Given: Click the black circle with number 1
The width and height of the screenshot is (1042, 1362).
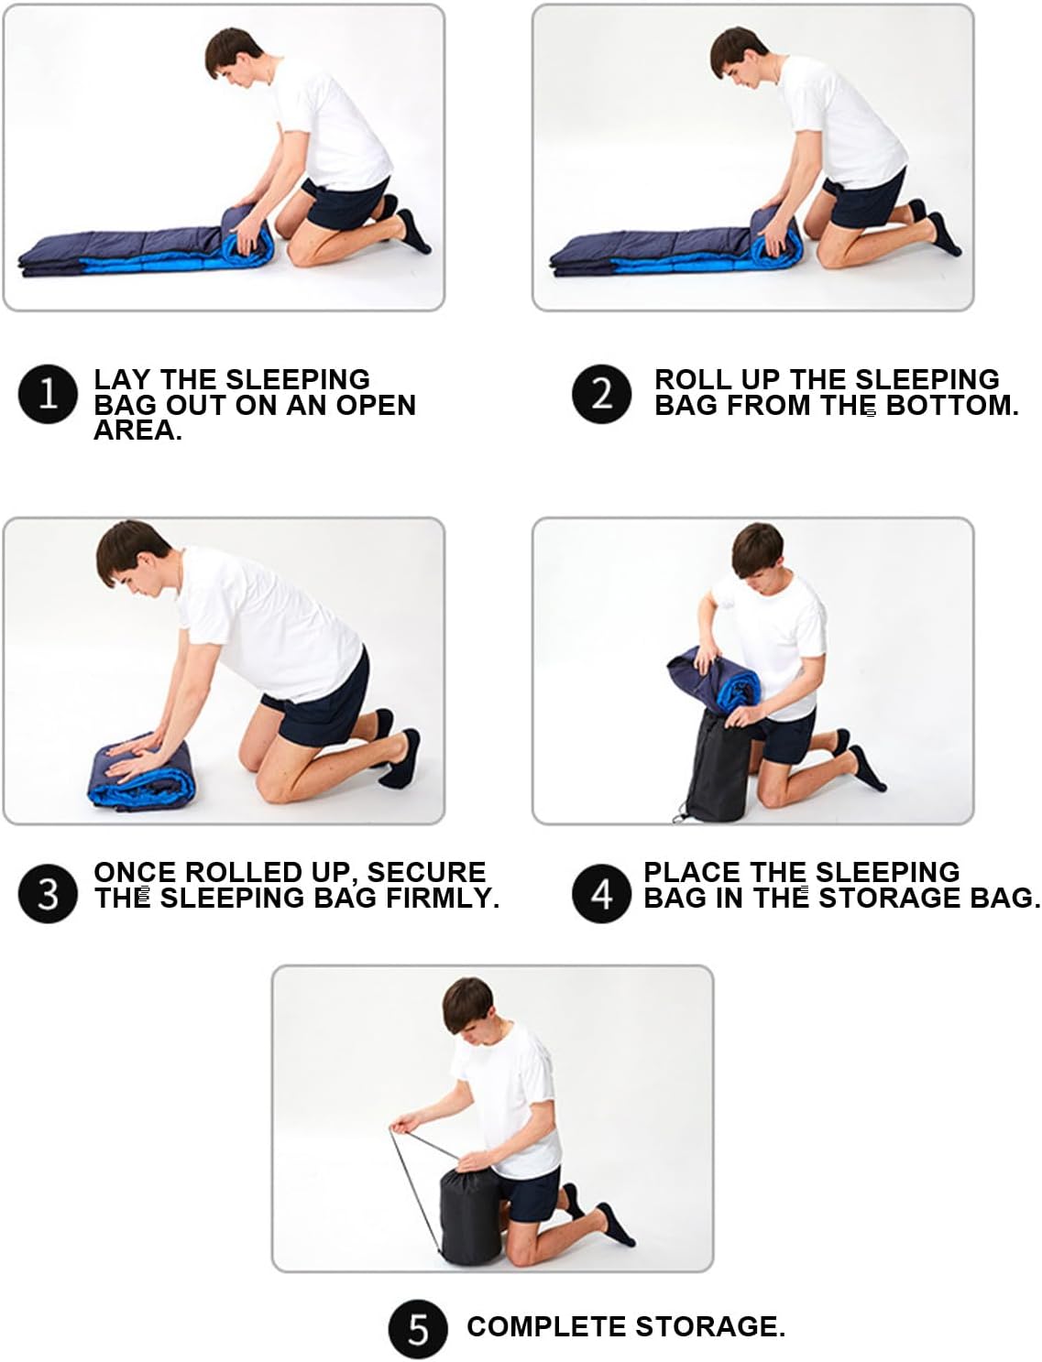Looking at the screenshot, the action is (48, 394).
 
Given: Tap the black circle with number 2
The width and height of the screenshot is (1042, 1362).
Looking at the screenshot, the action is (601, 394).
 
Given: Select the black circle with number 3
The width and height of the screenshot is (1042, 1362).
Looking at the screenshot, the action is (48, 894).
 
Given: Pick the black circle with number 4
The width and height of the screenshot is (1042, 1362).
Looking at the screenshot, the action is (601, 894).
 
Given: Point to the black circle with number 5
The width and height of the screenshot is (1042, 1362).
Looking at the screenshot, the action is (418, 1329).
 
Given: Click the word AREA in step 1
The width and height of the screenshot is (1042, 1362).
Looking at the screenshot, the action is (137, 430).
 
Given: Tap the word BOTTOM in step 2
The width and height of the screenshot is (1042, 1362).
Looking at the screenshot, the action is (951, 405).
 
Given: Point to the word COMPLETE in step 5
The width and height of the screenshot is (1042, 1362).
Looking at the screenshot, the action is (546, 1326).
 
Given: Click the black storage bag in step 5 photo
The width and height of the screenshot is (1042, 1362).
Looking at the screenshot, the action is (470, 1216).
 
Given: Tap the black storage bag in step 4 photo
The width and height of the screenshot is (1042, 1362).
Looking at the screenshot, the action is (718, 767).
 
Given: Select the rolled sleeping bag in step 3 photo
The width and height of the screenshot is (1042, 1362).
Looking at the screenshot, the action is (141, 772).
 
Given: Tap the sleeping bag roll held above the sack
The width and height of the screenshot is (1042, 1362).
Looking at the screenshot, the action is (714, 680).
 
